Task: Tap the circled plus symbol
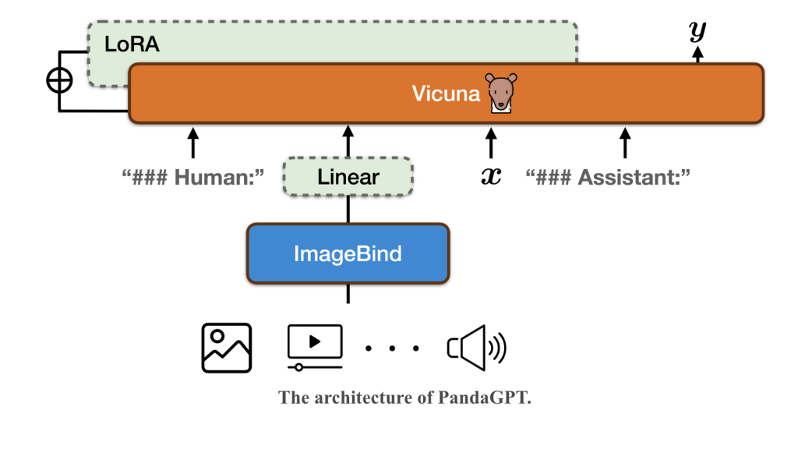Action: point(60,80)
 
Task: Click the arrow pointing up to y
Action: point(697,53)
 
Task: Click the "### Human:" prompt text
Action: point(193,177)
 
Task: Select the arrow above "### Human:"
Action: point(193,143)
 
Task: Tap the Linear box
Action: point(348,177)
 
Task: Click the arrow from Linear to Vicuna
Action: point(348,142)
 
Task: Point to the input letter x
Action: point(490,177)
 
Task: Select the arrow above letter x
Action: point(490,143)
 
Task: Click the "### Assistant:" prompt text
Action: point(609,177)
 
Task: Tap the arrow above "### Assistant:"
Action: point(624,143)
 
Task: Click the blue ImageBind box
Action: point(348,253)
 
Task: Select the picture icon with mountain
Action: point(227,347)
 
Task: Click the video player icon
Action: point(315,346)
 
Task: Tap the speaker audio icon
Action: point(476,347)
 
